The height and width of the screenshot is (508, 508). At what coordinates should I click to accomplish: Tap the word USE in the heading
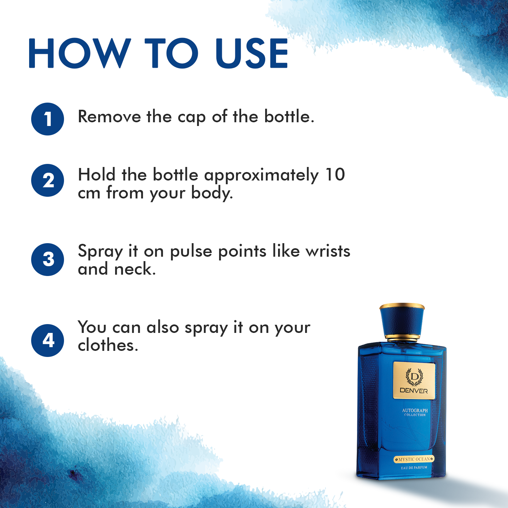tap(252, 53)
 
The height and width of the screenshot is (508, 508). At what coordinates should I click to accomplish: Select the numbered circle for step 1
tap(48, 119)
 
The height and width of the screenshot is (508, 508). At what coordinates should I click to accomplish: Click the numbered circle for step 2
tap(48, 180)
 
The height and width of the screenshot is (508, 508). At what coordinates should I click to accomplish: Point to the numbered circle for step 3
tap(48, 259)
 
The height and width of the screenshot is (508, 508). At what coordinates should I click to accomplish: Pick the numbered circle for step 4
tap(48, 340)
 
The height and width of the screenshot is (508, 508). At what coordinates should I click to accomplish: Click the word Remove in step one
tap(109, 117)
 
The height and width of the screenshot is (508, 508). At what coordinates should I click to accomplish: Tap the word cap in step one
tap(191, 118)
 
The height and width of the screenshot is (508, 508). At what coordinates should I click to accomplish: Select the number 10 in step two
tap(335, 175)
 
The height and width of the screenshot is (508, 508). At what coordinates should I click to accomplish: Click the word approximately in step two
tap(261, 176)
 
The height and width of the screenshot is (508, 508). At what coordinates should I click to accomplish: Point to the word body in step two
tap(211, 193)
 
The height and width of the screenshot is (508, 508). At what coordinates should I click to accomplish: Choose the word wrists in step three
tap(328, 251)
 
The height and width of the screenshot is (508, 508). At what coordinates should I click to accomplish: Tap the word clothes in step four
tap(108, 345)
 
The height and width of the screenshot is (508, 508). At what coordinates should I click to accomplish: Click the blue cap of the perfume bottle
tap(402, 320)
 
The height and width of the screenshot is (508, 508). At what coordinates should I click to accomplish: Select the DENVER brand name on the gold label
tap(414, 391)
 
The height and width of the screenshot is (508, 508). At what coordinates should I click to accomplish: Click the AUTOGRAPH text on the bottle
tap(415, 410)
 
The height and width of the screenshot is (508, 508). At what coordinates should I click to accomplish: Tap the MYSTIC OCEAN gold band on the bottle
tap(414, 459)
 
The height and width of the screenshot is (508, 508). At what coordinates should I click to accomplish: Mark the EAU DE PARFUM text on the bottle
tap(414, 468)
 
